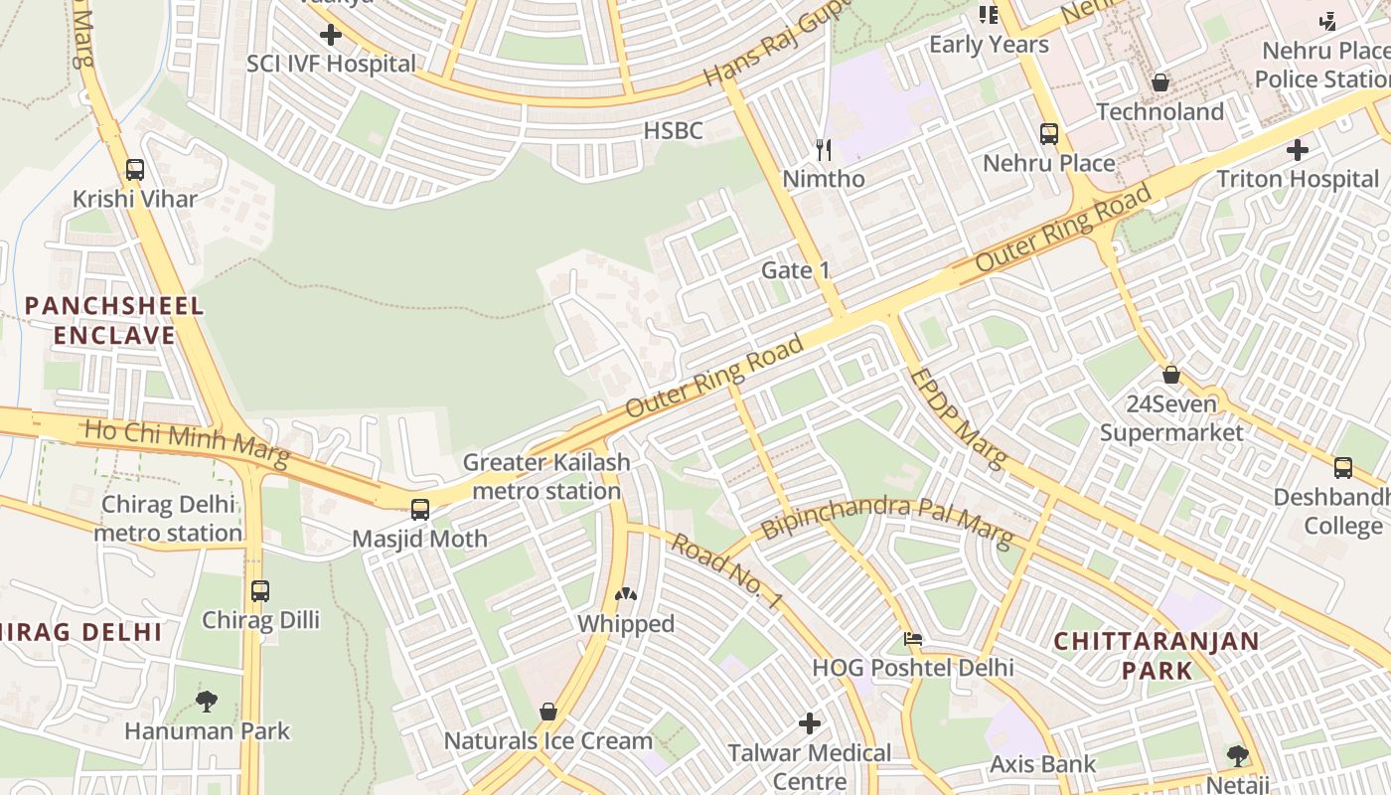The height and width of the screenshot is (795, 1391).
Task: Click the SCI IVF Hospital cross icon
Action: (x=331, y=36)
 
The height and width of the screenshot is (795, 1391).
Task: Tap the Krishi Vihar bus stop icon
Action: (x=135, y=170)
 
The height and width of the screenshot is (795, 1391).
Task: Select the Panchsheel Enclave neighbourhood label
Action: (x=114, y=320)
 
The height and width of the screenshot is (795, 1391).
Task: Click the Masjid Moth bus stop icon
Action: (x=420, y=510)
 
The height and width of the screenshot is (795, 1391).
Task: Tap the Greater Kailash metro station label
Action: (x=546, y=476)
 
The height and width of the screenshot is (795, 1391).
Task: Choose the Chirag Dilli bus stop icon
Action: (x=260, y=591)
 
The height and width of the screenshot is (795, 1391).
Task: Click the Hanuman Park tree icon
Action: (x=207, y=702)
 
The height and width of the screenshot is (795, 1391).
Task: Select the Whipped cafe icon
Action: (x=626, y=595)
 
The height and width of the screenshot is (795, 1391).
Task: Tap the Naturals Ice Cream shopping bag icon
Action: (x=547, y=712)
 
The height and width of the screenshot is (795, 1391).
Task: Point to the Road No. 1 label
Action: (x=727, y=570)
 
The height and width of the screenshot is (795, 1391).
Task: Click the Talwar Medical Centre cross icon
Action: (x=810, y=722)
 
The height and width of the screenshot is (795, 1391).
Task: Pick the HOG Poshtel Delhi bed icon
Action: (x=912, y=638)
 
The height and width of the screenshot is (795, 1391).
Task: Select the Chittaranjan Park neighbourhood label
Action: (x=1157, y=655)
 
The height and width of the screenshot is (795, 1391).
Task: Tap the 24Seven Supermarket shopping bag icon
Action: (x=1171, y=375)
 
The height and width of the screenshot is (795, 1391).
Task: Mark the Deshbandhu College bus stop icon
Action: (x=1343, y=467)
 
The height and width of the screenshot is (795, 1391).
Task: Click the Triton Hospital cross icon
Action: (x=1298, y=150)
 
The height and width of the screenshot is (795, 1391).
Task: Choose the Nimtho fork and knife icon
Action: (x=824, y=149)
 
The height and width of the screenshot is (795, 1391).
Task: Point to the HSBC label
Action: (x=673, y=130)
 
